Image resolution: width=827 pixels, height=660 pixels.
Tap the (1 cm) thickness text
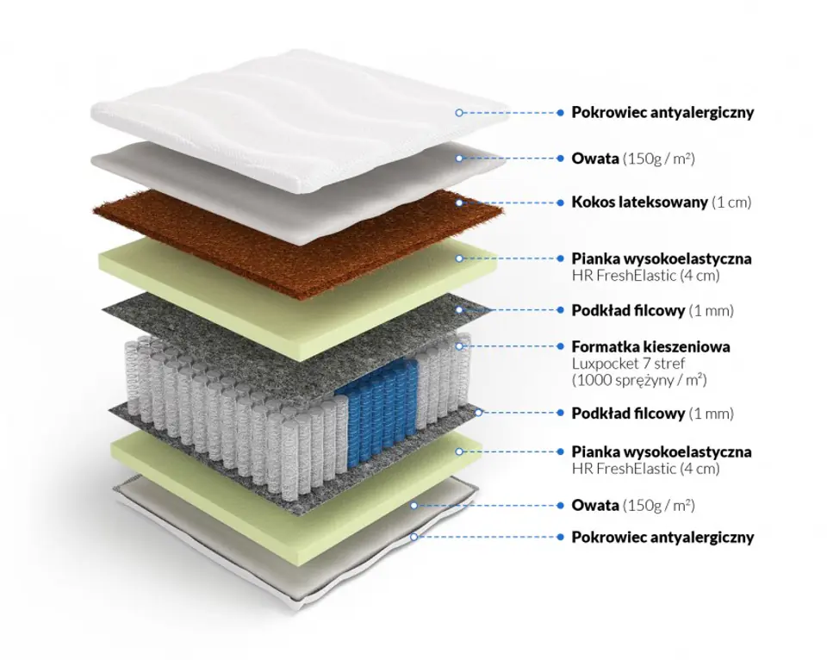(x=732, y=202)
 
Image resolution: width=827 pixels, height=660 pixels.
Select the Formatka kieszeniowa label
(x=651, y=346)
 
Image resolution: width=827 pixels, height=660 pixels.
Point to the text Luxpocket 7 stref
(x=628, y=363)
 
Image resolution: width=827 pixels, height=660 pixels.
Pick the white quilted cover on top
(x=284, y=121)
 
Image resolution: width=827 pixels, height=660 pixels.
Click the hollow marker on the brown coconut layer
(x=460, y=202)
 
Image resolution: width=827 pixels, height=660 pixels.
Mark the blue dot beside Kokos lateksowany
(x=560, y=202)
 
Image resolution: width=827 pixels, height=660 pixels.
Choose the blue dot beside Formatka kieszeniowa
(x=560, y=346)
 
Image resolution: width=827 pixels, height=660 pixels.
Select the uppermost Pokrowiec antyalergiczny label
(x=662, y=112)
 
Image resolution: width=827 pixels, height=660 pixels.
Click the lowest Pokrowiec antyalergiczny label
(x=662, y=537)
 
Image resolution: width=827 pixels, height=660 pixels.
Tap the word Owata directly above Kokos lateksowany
(x=595, y=159)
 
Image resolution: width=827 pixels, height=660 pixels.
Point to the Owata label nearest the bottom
(x=595, y=505)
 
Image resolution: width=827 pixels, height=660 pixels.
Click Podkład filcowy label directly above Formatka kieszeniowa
(x=629, y=309)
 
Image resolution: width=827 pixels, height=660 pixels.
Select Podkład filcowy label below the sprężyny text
(x=629, y=413)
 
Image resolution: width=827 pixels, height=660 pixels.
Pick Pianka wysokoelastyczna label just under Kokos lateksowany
(x=662, y=258)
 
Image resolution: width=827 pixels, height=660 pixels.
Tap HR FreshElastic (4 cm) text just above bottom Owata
(x=646, y=469)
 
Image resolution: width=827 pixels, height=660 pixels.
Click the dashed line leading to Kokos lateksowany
(x=510, y=202)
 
